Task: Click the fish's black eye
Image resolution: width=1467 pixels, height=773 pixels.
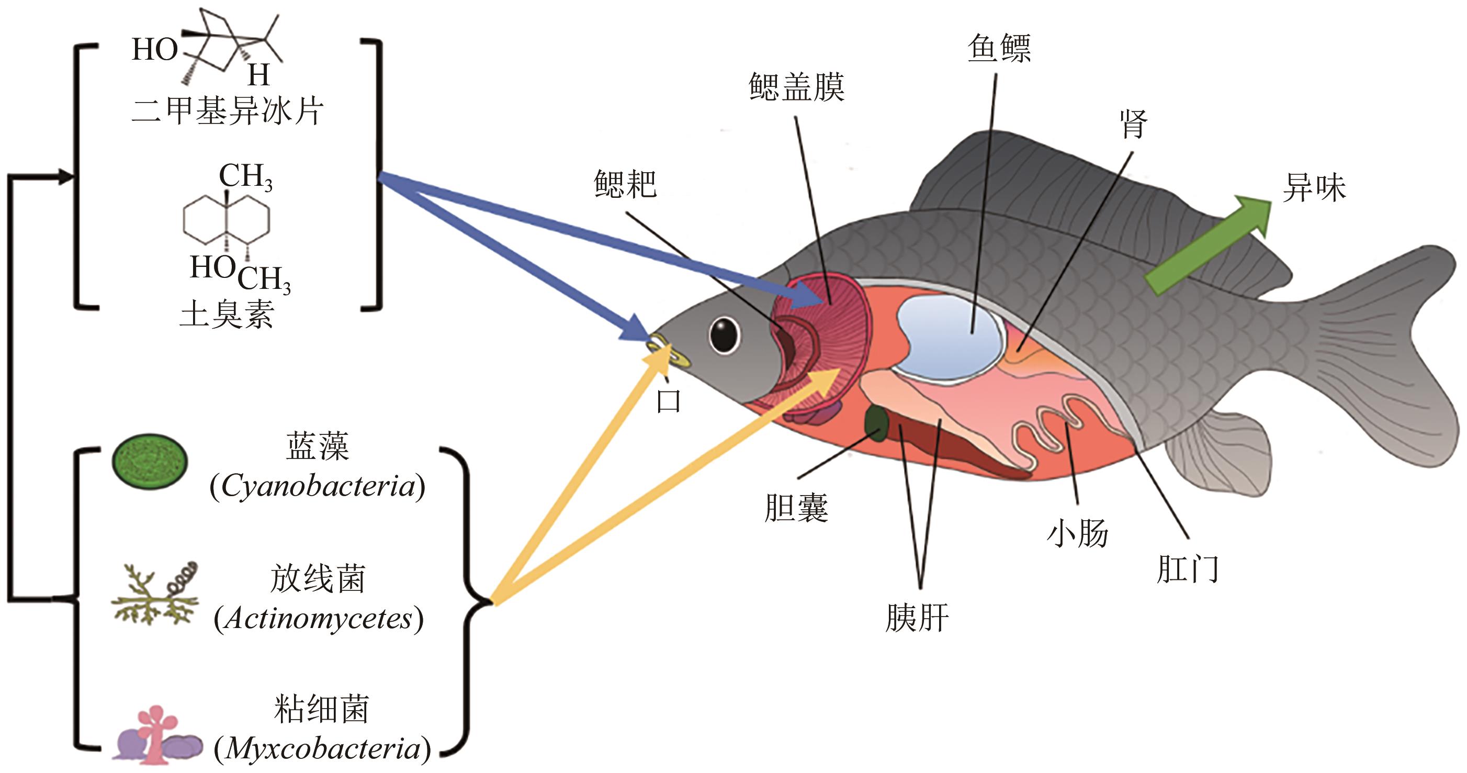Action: (x=725, y=335)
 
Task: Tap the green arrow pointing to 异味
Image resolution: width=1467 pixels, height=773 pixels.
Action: (x=1208, y=245)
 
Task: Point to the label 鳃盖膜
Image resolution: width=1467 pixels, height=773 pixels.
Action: (x=796, y=87)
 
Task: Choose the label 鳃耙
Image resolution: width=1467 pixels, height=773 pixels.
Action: (x=625, y=184)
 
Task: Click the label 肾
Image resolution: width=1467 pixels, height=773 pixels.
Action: (x=1133, y=124)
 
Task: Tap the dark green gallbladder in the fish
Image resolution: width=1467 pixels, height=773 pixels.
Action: (x=876, y=424)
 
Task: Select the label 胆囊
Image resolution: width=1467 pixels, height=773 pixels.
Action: (x=796, y=508)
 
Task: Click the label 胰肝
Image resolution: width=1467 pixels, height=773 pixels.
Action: (x=917, y=618)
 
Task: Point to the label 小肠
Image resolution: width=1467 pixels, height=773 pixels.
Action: (x=1077, y=534)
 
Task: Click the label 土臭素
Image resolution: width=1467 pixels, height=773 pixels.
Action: (x=227, y=314)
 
